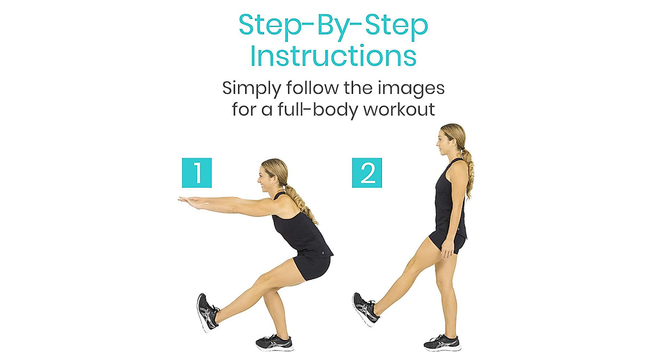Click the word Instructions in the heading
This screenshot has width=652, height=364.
click(x=334, y=56)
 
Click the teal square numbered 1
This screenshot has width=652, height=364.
click(x=197, y=173)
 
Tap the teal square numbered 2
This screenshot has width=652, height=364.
click(x=367, y=173)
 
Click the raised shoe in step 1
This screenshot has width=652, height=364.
click(x=207, y=311)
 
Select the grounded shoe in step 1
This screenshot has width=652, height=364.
click(x=274, y=342)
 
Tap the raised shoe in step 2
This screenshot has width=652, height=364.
click(x=364, y=309)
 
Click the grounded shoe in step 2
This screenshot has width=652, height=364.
click(x=442, y=342)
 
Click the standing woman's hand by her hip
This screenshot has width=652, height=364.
click(x=447, y=250)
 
